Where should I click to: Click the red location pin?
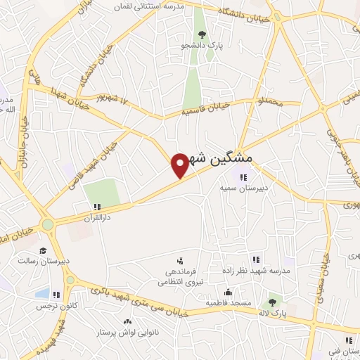click(180, 164)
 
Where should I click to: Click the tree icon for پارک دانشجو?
click(202, 34)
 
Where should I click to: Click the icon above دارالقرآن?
click(97, 207)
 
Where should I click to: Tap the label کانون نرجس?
click(57, 307)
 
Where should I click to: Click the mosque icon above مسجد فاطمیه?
click(227, 292)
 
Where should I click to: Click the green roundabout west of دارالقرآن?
click(47, 225)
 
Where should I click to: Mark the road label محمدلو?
click(270, 103)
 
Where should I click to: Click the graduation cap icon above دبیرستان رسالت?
click(43, 250)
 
